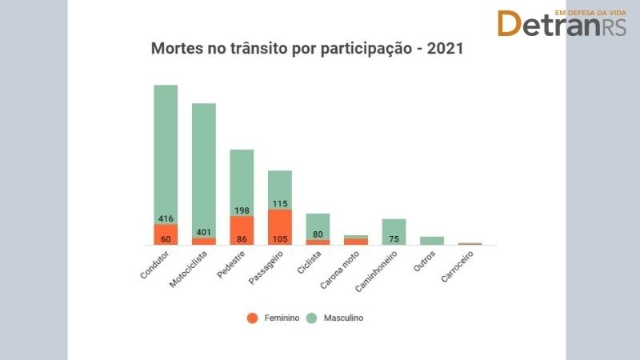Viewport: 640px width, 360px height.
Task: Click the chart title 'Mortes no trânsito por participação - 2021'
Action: pyautogui.click(x=308, y=48)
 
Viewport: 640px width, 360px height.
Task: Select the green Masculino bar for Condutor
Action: pyautogui.click(x=166, y=144)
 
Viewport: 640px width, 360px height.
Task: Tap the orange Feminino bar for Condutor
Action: pyautogui.click(x=166, y=234)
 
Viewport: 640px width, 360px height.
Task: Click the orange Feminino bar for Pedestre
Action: pyautogui.click(x=242, y=230)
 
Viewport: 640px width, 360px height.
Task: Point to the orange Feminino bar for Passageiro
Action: pyautogui.click(x=280, y=227)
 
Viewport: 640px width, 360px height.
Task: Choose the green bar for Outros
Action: pyautogui.click(x=432, y=240)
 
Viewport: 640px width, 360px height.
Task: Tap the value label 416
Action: pyautogui.click(x=166, y=218)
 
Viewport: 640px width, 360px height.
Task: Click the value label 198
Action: pyautogui.click(x=242, y=210)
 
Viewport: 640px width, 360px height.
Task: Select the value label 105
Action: pyautogui.click(x=280, y=238)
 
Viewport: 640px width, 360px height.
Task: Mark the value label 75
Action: pyautogui.click(x=394, y=238)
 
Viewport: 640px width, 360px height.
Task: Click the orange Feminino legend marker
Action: pyautogui.click(x=252, y=318)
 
